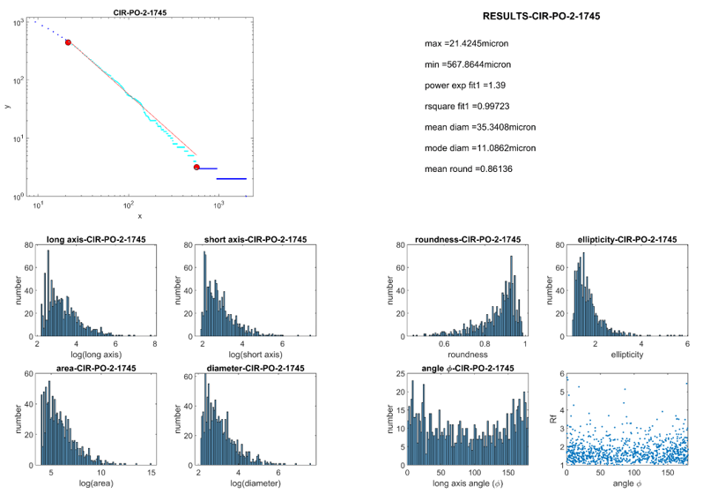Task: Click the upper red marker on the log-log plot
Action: point(68,42)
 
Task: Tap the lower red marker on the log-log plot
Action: point(196,167)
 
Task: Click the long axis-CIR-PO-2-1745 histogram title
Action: point(96,240)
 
